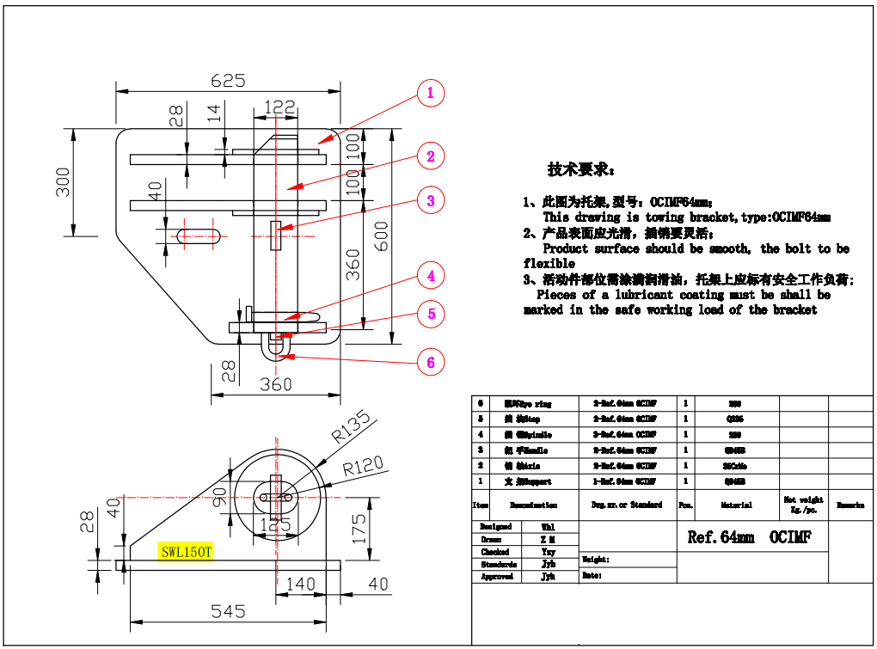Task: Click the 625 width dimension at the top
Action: click(228, 80)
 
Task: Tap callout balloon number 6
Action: click(431, 363)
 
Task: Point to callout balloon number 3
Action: click(431, 201)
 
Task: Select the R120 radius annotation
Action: click(363, 469)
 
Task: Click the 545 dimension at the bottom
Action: click(228, 611)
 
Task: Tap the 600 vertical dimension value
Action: click(382, 233)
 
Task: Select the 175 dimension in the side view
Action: click(359, 527)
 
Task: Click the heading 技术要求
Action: click(581, 168)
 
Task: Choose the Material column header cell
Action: click(736, 505)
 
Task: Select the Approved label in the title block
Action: click(497, 577)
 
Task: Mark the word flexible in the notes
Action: click(549, 264)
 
